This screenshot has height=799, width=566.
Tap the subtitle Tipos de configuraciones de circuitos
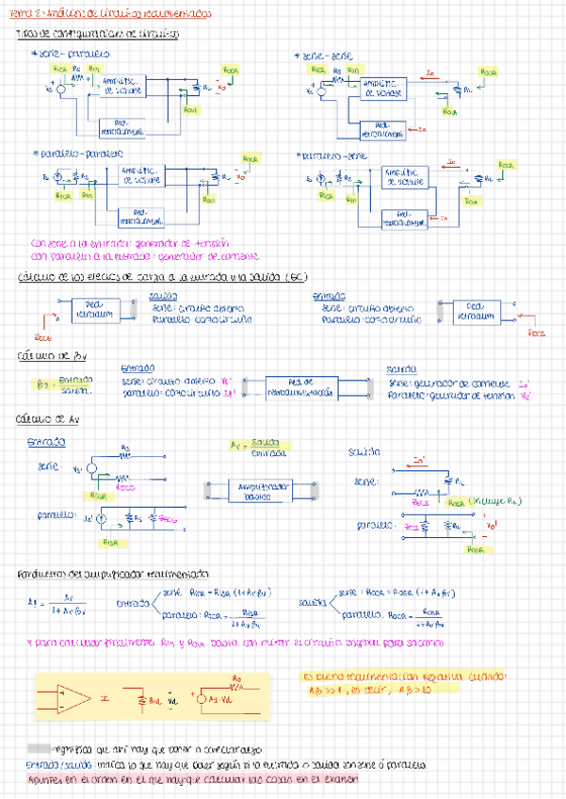[99, 34]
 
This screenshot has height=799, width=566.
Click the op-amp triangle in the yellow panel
[66, 698]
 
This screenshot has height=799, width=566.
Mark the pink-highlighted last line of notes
[193, 778]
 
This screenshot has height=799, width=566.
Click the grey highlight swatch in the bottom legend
[40, 748]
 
